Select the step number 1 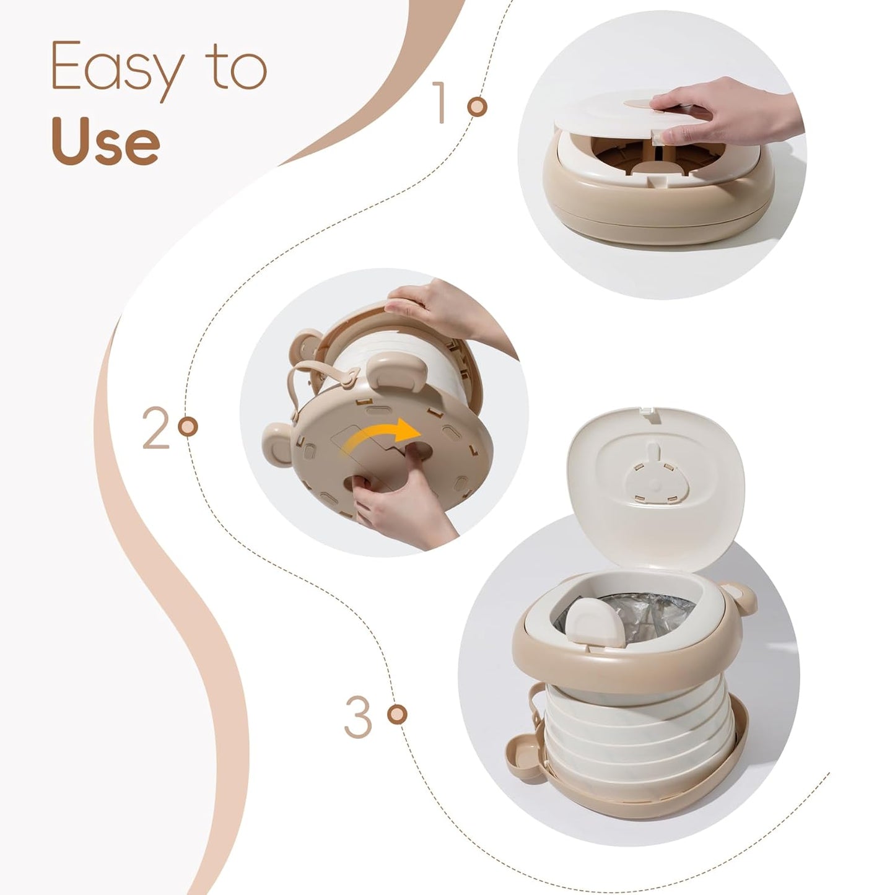(x=440, y=102)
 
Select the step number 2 (x=155, y=428)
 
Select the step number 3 (x=358, y=717)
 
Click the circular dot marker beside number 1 (x=477, y=107)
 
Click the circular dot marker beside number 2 (x=187, y=427)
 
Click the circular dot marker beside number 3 (x=397, y=714)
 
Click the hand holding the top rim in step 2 (x=434, y=310)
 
